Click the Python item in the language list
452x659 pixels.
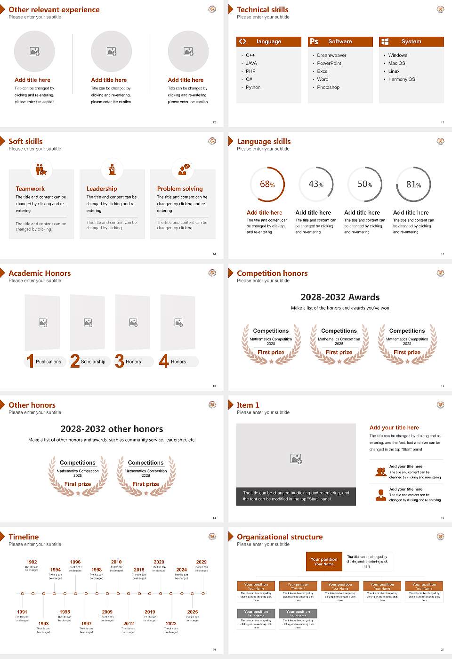point(253,88)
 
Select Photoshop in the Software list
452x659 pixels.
point(328,88)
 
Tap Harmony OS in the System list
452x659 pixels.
point(402,80)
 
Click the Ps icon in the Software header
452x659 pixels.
point(314,41)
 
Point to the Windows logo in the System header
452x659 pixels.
point(385,41)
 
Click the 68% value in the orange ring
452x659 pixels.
point(267,185)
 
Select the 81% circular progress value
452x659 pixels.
point(413,185)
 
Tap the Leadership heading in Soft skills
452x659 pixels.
point(102,189)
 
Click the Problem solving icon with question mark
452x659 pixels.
point(183,170)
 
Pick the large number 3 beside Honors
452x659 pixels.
point(119,361)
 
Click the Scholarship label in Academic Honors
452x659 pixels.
point(93,362)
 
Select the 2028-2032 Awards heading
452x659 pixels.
point(340,297)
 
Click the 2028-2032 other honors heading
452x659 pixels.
point(112,429)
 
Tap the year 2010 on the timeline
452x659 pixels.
point(116,562)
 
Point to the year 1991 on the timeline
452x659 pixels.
point(22,612)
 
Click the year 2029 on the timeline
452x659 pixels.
point(202,562)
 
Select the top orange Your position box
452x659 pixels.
point(324,562)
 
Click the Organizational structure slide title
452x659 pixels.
point(280,537)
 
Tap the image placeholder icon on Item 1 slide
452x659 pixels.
point(296,458)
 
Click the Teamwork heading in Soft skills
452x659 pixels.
point(30,189)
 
